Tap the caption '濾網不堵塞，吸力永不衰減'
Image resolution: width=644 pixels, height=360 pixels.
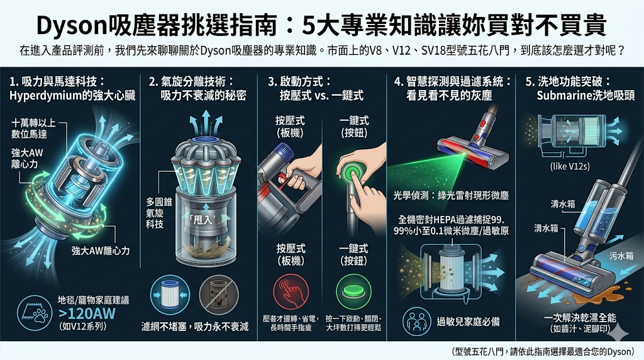point(195,327)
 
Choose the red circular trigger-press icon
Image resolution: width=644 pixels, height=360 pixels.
point(290,293)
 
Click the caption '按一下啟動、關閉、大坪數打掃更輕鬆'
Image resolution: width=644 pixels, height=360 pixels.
point(354,323)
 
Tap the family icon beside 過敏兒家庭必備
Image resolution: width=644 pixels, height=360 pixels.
point(416,320)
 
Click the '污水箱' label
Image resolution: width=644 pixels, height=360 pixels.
point(622,257)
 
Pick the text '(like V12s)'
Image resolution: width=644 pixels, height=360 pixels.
point(570,166)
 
